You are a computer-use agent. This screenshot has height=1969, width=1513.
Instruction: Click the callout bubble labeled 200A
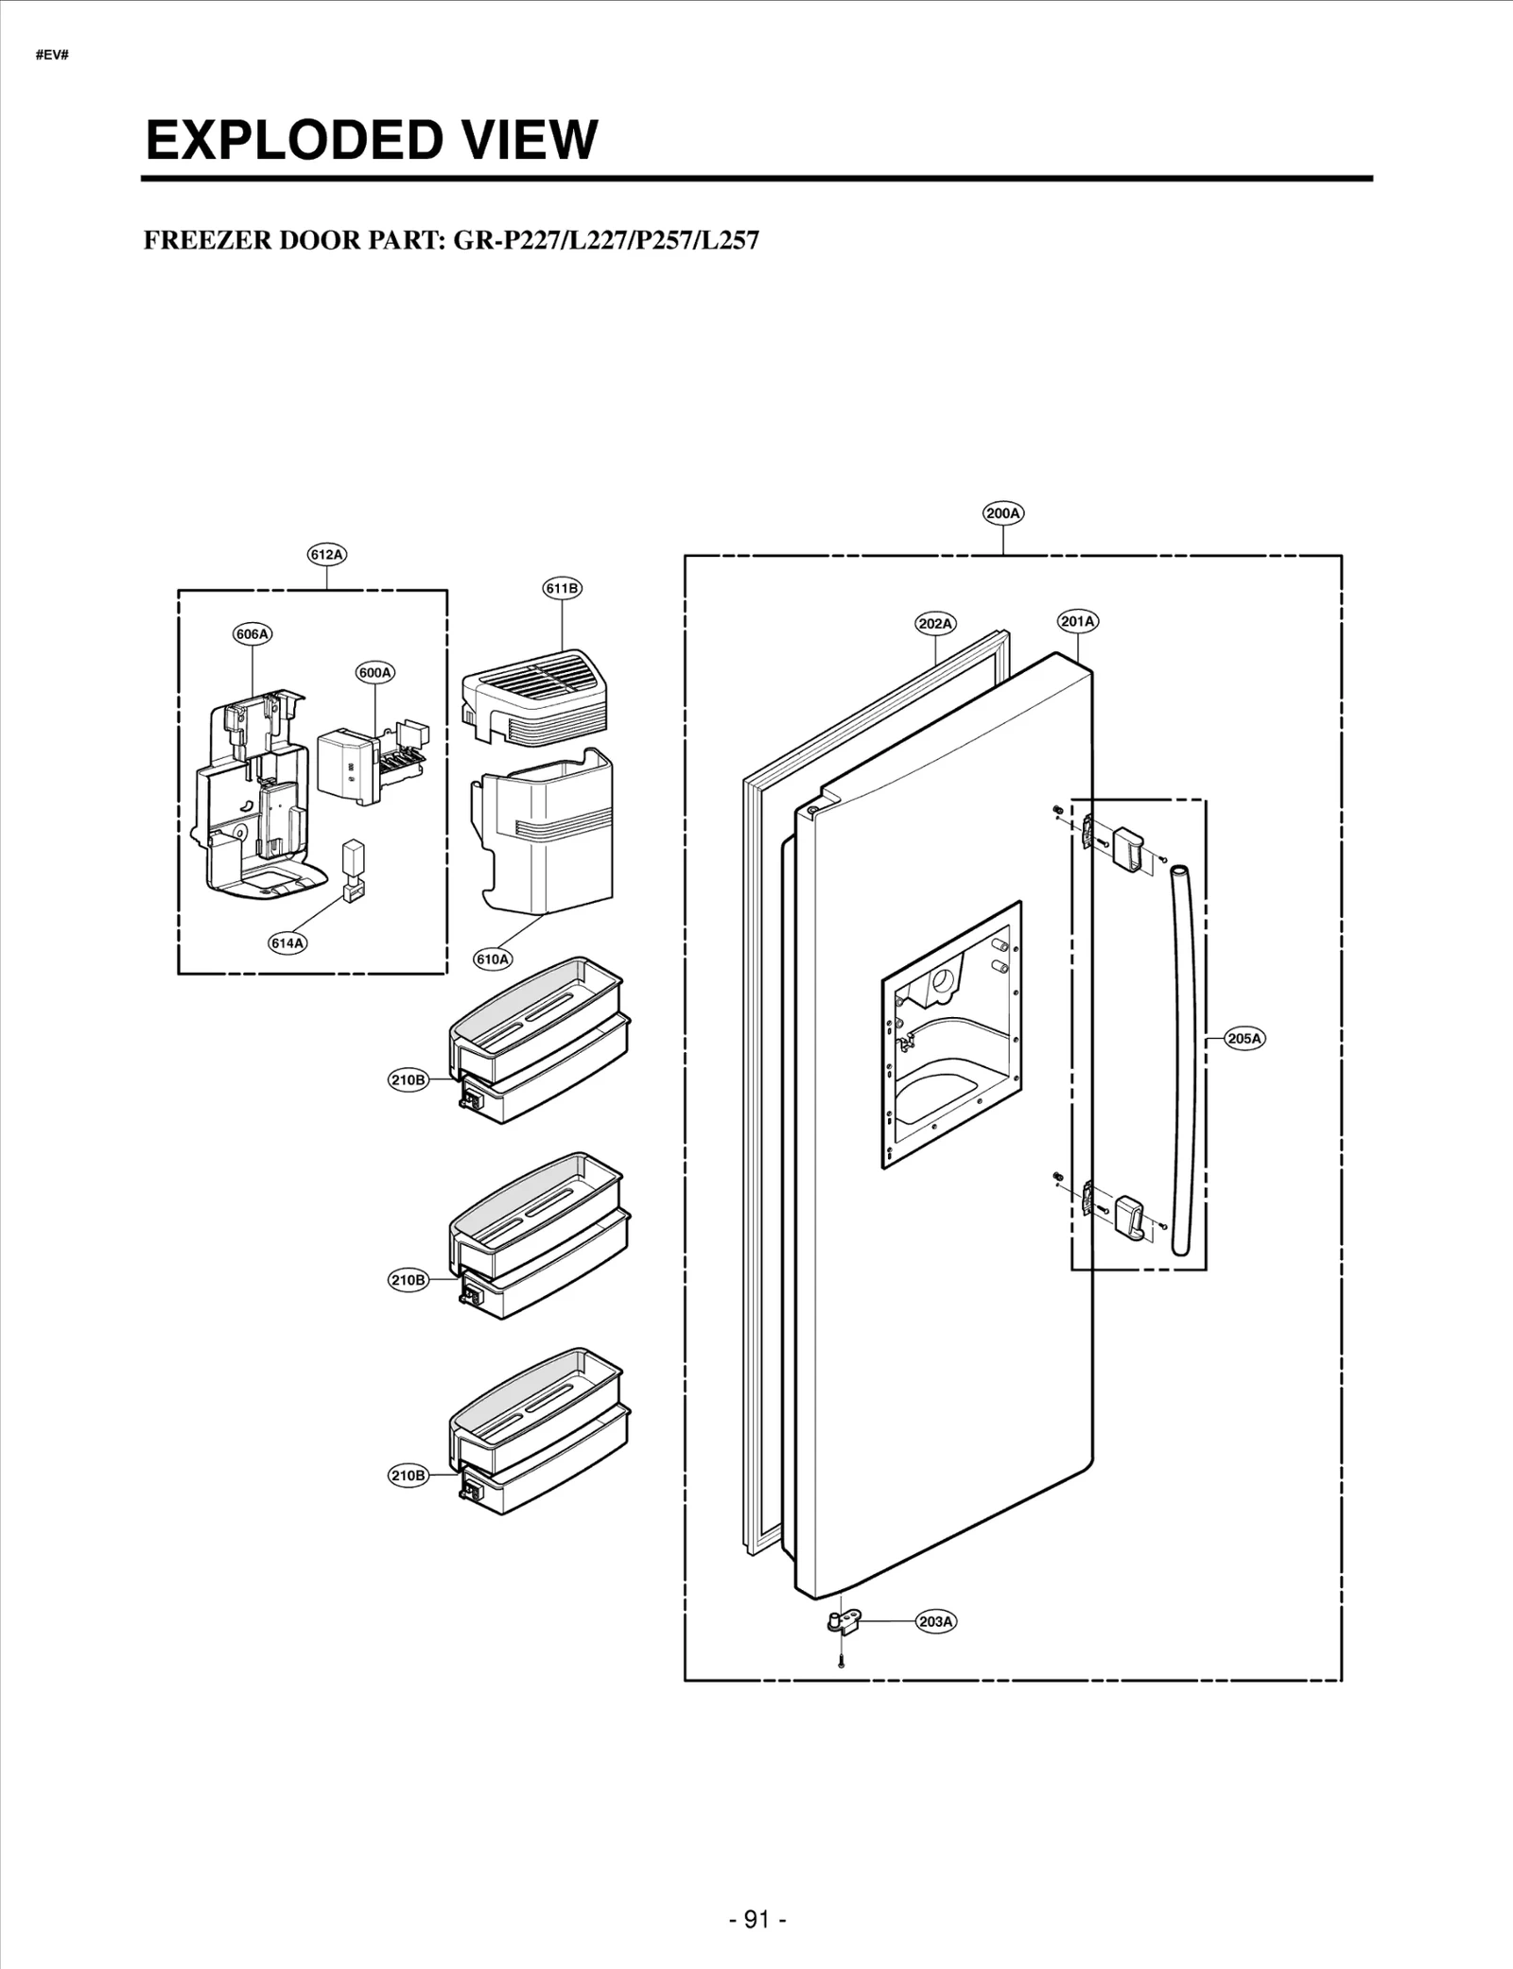1002,513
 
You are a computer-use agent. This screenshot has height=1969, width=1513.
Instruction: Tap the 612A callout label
326,555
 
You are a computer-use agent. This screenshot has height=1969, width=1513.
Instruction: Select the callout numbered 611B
562,588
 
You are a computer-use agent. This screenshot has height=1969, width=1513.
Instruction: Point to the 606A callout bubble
252,634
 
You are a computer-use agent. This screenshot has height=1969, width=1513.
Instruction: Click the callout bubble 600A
375,673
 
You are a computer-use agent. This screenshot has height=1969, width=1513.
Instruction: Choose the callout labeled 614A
287,942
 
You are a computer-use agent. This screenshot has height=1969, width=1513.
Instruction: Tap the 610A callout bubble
492,959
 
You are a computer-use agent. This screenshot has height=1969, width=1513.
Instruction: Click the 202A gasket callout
935,624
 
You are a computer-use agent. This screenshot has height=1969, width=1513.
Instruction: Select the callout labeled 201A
1077,621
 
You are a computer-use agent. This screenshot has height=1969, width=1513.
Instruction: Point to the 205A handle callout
1243,1039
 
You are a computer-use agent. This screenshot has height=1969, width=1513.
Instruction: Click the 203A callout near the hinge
935,1621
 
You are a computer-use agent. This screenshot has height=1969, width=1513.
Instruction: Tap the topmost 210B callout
409,1079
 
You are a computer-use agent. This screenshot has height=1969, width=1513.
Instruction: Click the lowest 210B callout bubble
409,1475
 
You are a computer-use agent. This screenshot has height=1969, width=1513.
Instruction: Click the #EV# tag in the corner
52,55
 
